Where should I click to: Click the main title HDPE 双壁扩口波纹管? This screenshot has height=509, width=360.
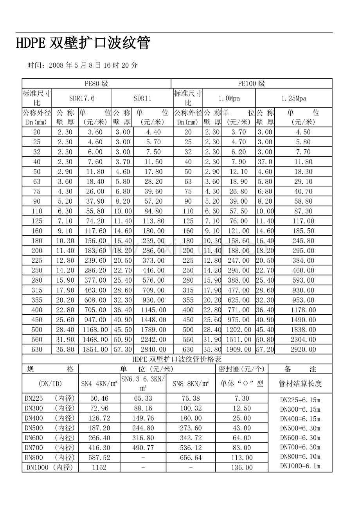tap(83, 43)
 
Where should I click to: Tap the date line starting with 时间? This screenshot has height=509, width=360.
tap(82, 65)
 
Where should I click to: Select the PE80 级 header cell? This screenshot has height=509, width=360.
tap(96, 83)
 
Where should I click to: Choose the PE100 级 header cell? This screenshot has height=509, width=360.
tap(252, 83)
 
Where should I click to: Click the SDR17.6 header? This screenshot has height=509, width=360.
tap(82, 98)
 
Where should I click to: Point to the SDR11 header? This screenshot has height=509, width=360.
tap(142, 98)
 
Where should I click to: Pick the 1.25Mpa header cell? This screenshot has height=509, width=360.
tap(294, 98)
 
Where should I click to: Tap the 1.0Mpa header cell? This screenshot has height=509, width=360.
tap(229, 98)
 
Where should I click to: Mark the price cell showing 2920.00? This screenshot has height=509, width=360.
tap(303, 349)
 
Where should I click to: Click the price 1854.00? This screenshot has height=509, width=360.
tap(95, 349)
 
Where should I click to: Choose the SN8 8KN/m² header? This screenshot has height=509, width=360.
tap(191, 384)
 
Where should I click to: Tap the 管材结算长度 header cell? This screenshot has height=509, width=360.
tap(300, 384)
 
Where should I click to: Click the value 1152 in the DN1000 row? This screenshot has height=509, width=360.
tap(99, 468)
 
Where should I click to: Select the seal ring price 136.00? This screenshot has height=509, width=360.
tap(242, 468)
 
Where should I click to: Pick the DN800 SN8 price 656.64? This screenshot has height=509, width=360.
tap(191, 457)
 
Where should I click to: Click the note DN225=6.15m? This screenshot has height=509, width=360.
tap(300, 400)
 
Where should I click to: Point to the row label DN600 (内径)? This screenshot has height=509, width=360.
tap(50, 438)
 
